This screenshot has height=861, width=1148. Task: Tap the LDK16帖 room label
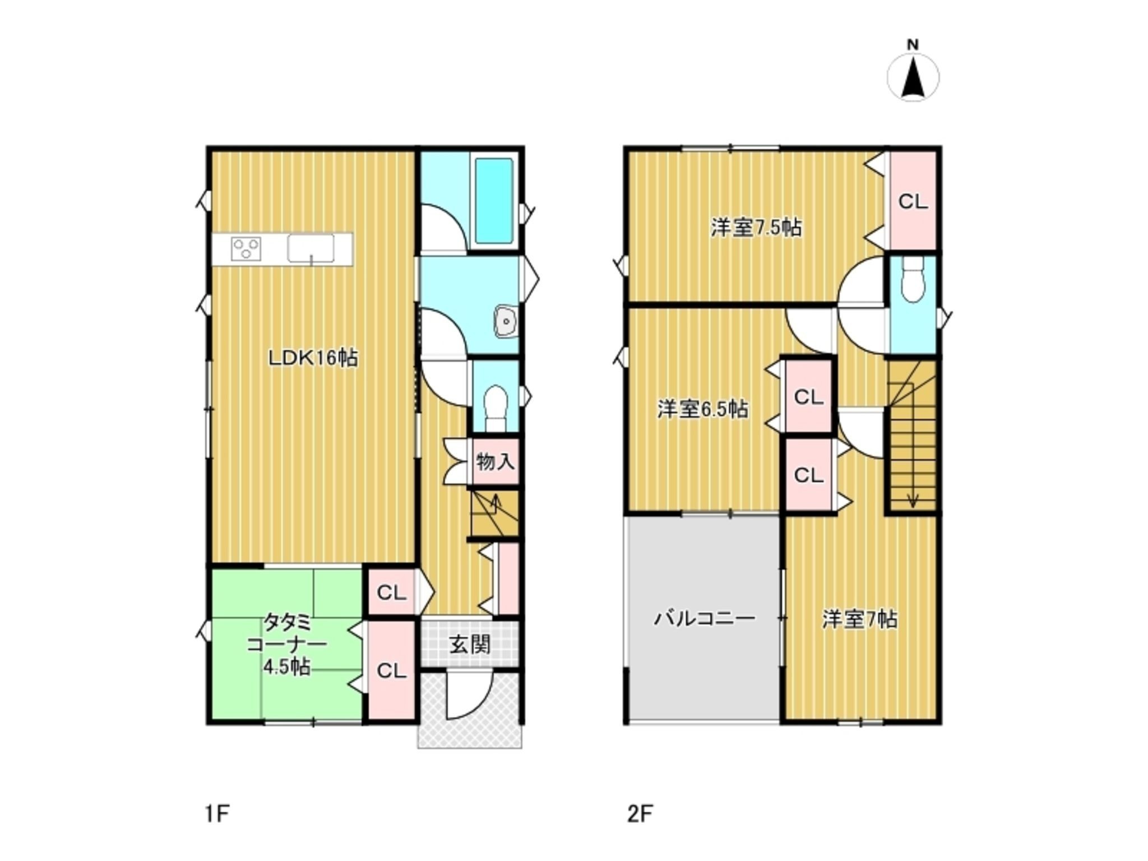pos(312,358)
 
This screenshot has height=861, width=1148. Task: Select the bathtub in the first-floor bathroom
pos(494,201)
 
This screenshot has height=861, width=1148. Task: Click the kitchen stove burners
pos(246,248)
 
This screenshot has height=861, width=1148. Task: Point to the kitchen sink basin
pos(311,248)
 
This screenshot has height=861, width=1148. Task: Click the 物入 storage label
pos(495,462)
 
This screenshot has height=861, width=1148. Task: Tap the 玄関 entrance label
pos(470,644)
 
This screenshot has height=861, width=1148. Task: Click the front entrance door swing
pos(469,695)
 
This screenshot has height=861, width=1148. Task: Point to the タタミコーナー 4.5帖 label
pos(286,644)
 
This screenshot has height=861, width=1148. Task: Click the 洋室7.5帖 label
pos(756,228)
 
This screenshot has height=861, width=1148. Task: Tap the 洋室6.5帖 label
pos(702,409)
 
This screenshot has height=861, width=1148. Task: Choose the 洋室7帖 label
pos(860,619)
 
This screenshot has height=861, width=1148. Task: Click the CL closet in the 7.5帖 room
pos(913,201)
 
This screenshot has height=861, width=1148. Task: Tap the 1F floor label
pos(217,813)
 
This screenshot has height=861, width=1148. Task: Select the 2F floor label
pos(640,813)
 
